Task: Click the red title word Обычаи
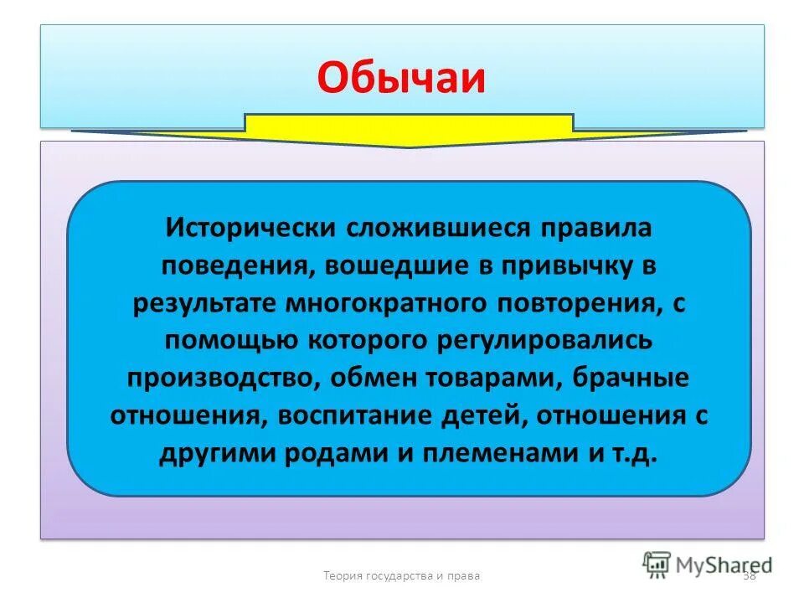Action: point(402,78)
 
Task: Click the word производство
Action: point(219,379)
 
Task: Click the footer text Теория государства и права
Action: point(402,575)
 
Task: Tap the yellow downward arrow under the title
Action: point(410,131)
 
